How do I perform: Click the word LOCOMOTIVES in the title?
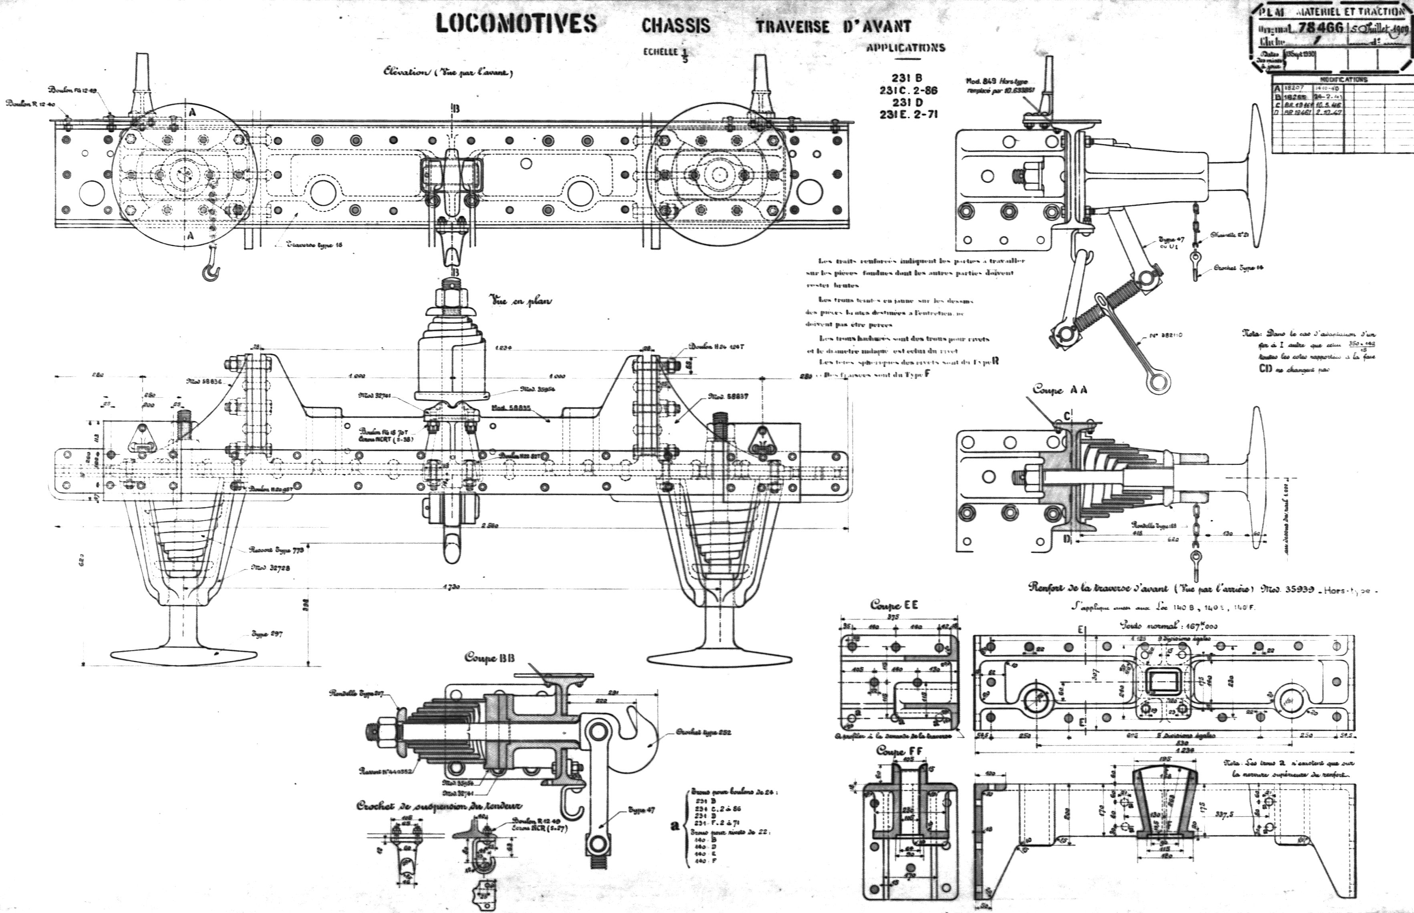[x=516, y=24]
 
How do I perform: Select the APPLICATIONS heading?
[x=905, y=48]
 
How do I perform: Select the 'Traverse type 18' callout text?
[x=314, y=244]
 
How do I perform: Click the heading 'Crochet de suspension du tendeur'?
[x=439, y=806]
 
